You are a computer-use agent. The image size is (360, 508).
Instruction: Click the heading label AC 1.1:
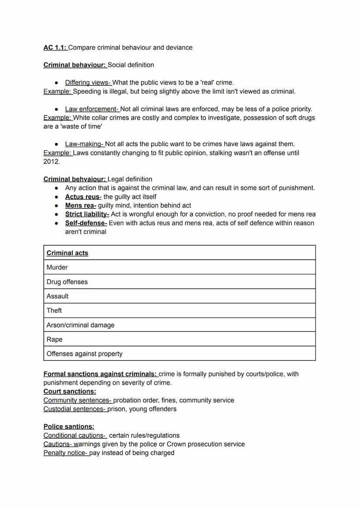[x=55, y=47]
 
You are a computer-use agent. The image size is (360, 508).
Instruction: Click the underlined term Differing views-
[x=88, y=83]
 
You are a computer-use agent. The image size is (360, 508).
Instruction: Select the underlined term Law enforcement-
[x=92, y=109]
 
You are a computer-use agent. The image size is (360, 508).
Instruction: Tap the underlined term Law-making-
[x=85, y=144]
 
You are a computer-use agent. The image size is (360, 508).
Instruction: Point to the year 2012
[x=52, y=162]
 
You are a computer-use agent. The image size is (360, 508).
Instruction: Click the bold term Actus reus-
[x=83, y=197]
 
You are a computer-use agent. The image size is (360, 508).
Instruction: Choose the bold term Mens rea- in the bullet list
[x=80, y=206]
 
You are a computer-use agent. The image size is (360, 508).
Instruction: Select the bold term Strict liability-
[x=87, y=214]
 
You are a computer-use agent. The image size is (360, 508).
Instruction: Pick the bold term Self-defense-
[x=86, y=223]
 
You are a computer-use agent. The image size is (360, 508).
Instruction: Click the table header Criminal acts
[x=67, y=253]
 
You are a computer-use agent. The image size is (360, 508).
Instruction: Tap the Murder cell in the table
[x=57, y=267]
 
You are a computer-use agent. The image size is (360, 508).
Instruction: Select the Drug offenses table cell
[x=67, y=282]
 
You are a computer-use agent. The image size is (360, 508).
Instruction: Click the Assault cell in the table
[x=57, y=296]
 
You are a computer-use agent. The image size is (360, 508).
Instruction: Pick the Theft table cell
[x=54, y=310]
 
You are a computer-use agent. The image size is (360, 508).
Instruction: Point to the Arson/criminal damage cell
[x=80, y=325]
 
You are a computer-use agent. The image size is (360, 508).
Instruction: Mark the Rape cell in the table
[x=54, y=339]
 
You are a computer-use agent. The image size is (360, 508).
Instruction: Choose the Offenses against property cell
[x=84, y=354]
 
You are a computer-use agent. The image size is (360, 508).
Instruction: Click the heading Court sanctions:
[x=70, y=392]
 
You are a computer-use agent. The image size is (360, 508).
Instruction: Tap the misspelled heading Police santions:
[x=69, y=427]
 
